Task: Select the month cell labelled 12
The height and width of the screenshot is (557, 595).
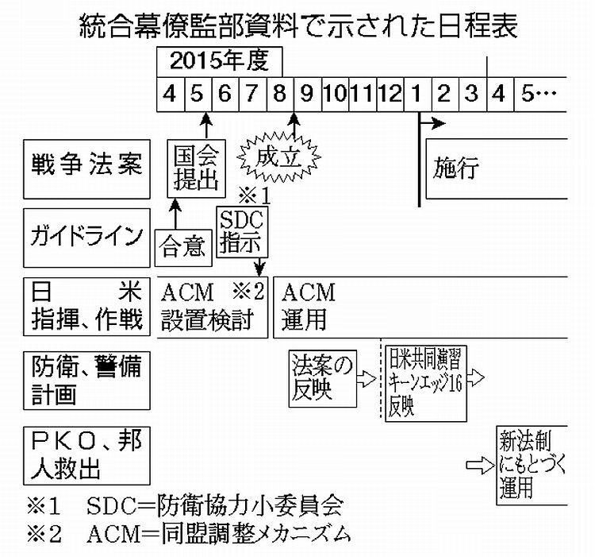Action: click(390, 93)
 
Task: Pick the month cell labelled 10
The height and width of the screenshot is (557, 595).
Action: click(334, 93)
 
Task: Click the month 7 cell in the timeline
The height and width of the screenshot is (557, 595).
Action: click(251, 93)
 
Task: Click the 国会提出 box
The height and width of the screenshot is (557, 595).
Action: click(195, 168)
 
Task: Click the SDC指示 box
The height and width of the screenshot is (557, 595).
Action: click(243, 230)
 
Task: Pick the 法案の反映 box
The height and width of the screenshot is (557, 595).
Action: click(321, 379)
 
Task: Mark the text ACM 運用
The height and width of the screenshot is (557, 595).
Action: click(309, 307)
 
